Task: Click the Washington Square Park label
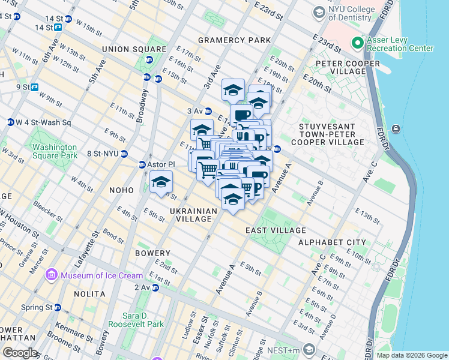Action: pyautogui.click(x=55, y=151)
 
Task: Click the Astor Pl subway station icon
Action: pyautogui.click(x=142, y=164)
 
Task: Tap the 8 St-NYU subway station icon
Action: pyautogui.click(x=124, y=154)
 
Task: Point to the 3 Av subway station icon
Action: pyautogui.click(x=208, y=111)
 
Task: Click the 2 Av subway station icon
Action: pyautogui.click(x=155, y=288)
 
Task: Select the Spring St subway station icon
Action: pyautogui.click(x=57, y=307)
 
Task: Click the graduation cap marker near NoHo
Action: pyautogui.click(x=161, y=182)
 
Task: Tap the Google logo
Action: pyautogui.click(x=19, y=353)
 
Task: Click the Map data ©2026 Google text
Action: pyautogui.click(x=411, y=355)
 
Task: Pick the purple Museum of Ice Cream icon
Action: pyautogui.click(x=52, y=276)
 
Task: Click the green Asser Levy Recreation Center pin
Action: pyautogui.click(x=358, y=43)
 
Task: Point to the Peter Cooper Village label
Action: pyautogui.click(x=342, y=67)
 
